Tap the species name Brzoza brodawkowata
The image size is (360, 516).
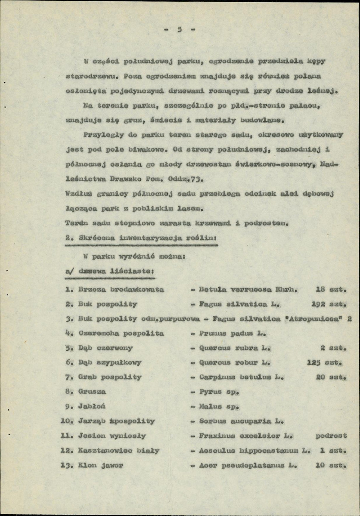[x=121, y=290]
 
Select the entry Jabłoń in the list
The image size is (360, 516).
[x=92, y=406]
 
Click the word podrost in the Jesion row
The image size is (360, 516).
[x=331, y=436]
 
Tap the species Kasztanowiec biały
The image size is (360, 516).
[x=119, y=451]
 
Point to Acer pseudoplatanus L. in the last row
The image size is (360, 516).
[x=246, y=465]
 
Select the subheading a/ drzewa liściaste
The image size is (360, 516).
[x=110, y=272]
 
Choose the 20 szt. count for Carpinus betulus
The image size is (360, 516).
[x=331, y=377]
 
